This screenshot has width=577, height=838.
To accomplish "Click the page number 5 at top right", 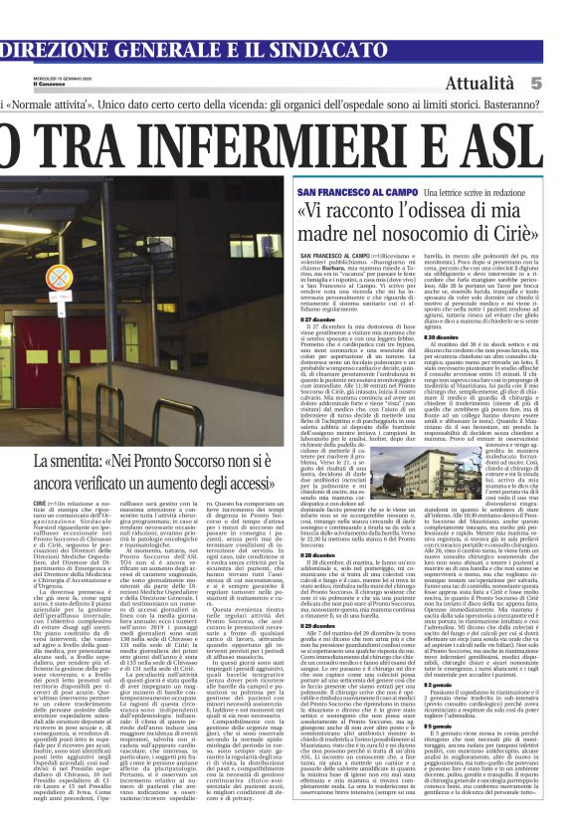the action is [563, 84].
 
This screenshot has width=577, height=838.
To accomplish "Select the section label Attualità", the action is [508, 84].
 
